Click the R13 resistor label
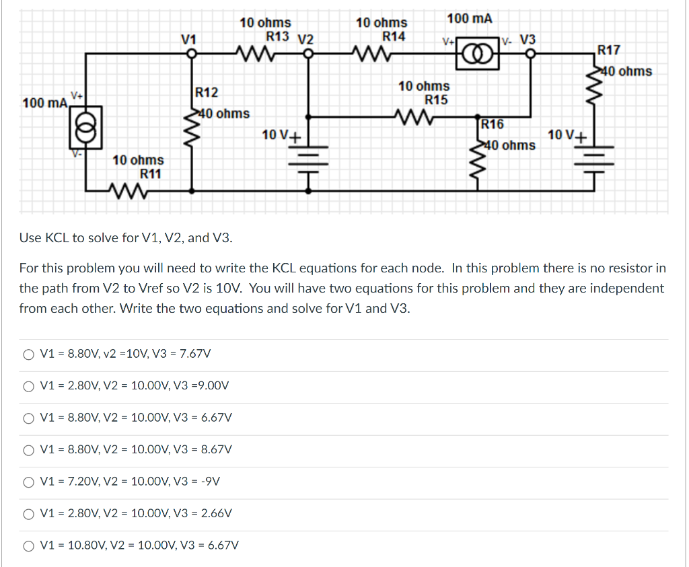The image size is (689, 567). pyautogui.click(x=278, y=36)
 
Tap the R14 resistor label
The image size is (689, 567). pyautogui.click(x=394, y=36)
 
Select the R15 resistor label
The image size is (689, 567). pyautogui.click(x=436, y=100)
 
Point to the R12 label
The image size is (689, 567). pyautogui.click(x=207, y=92)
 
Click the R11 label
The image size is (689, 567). pyautogui.click(x=150, y=174)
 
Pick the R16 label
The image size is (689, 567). pyautogui.click(x=493, y=124)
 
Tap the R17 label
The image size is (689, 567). pyautogui.click(x=609, y=50)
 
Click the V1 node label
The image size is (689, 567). pyautogui.click(x=189, y=39)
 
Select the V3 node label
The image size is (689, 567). pyautogui.click(x=528, y=39)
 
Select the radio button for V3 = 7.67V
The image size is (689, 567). pyautogui.click(x=28, y=353)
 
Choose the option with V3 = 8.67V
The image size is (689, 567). pyautogui.click(x=28, y=449)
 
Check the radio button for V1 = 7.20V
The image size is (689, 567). pyautogui.click(x=28, y=481)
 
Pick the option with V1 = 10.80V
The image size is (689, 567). pyautogui.click(x=28, y=545)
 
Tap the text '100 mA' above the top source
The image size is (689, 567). pyautogui.click(x=470, y=18)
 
